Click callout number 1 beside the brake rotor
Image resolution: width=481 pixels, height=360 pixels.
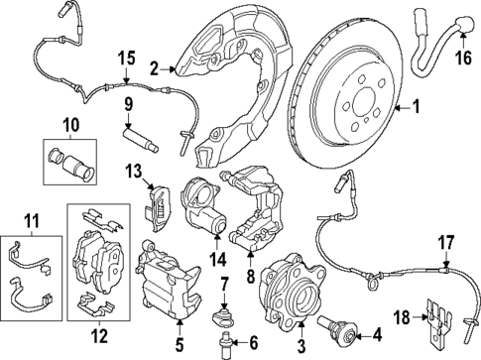417,107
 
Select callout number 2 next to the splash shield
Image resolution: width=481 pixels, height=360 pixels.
154,69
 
